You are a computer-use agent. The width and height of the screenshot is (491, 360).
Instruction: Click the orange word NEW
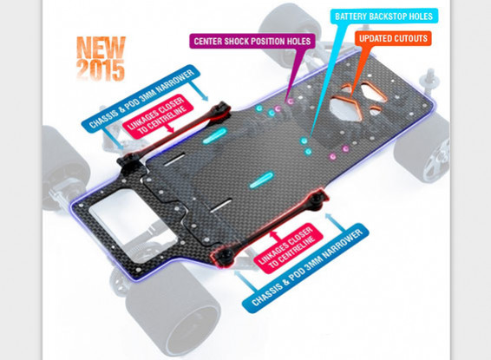point(101,47)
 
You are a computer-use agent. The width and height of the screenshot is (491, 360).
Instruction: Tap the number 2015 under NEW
point(101,70)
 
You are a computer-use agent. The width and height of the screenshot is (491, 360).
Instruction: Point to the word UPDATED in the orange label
point(376,38)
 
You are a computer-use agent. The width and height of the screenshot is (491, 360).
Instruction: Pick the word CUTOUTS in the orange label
point(410,38)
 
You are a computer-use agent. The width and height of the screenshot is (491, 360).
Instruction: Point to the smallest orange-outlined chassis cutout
point(375,110)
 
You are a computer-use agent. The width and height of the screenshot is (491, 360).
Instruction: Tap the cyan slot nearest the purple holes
point(215,136)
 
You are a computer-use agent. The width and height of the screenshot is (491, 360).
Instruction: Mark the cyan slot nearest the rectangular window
point(262,180)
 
